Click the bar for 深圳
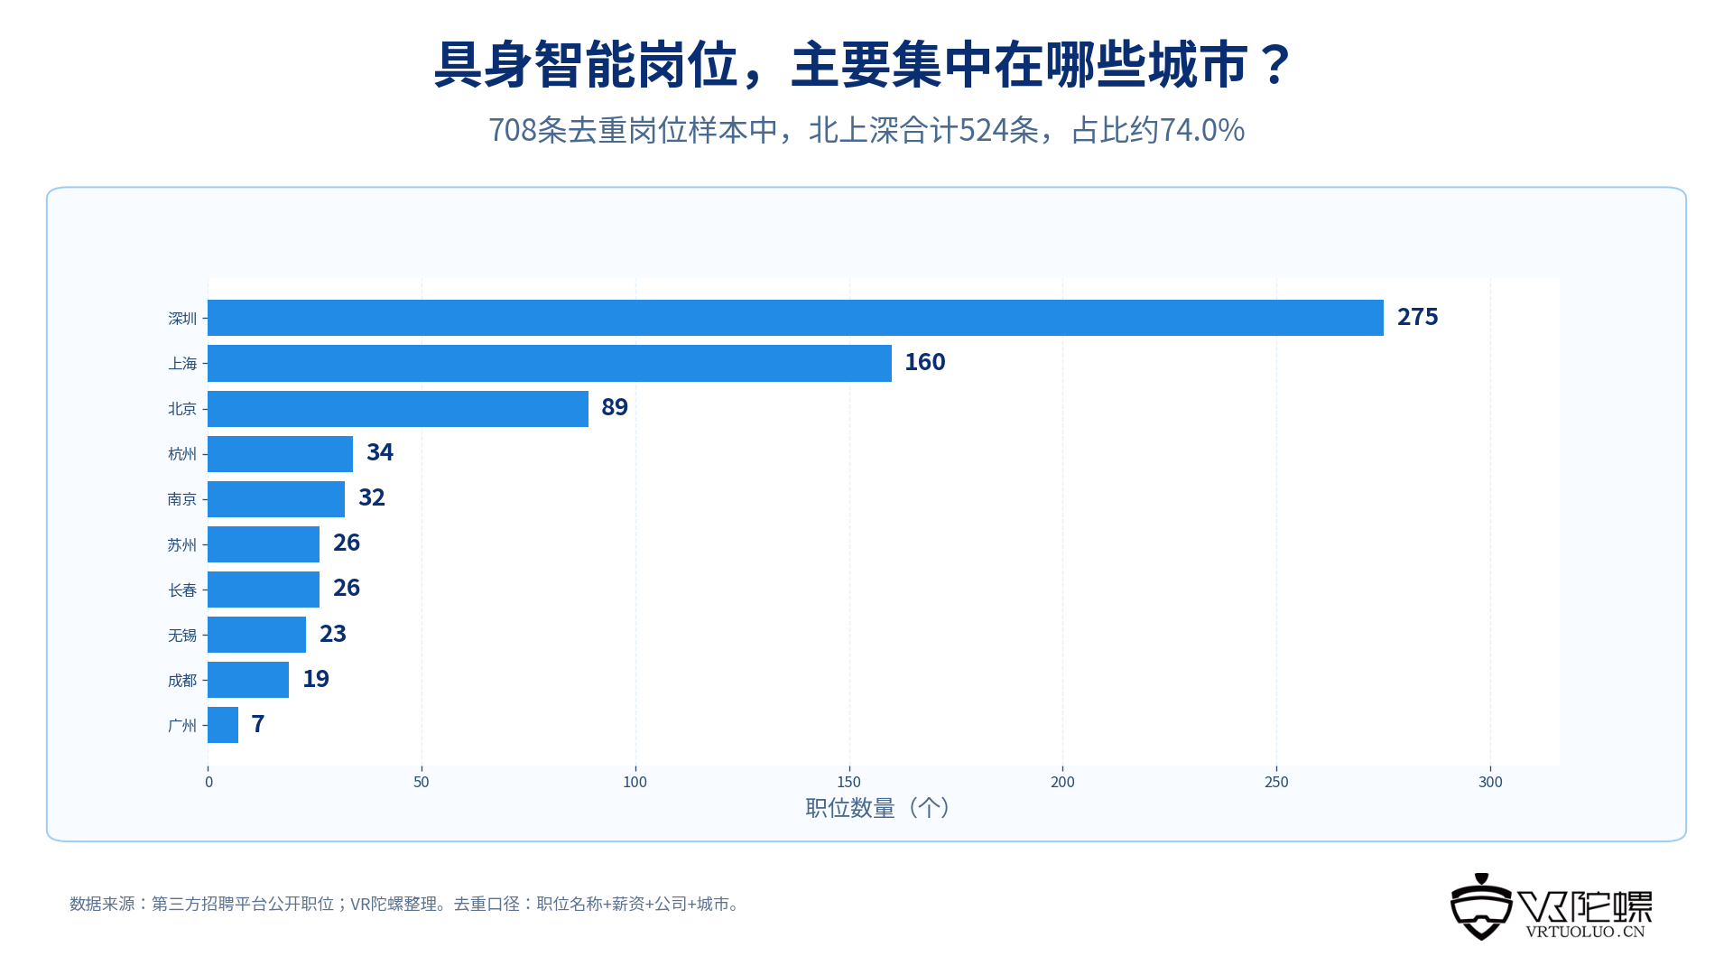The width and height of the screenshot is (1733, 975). tap(795, 318)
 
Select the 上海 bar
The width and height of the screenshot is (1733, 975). tap(550, 363)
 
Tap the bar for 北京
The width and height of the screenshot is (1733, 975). tap(398, 409)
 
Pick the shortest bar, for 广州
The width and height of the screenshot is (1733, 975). tap(223, 725)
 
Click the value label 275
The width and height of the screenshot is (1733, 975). tap(1417, 317)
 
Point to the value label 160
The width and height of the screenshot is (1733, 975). tap(925, 362)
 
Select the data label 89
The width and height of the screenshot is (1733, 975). tap(615, 407)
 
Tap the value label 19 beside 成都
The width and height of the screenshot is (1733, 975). tap(316, 679)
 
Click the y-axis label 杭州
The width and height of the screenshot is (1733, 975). tap(182, 454)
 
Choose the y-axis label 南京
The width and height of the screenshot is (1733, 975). tap(182, 499)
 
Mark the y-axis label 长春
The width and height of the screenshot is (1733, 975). tap(182, 590)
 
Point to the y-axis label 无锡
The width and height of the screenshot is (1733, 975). tap(182, 635)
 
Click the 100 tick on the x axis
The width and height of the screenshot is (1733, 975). tap(635, 782)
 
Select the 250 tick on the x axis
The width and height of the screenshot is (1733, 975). tap(1276, 782)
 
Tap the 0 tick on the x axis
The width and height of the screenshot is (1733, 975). tap(209, 782)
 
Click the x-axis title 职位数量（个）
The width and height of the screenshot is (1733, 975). tap(878, 807)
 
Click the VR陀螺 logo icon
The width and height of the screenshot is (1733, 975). tap(1481, 907)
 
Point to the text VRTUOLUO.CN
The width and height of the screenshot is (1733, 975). tap(1586, 932)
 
